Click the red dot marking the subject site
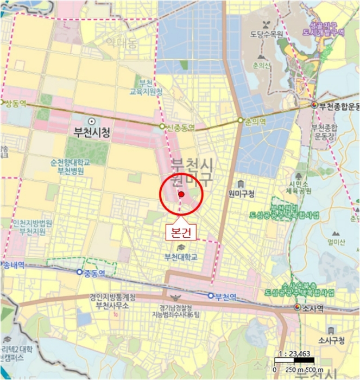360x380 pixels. coord(181,194)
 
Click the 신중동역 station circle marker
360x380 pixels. coord(161,126)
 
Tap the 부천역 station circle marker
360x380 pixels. coord(211,295)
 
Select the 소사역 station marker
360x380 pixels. coord(297,308)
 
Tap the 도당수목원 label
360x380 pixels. coord(267,34)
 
